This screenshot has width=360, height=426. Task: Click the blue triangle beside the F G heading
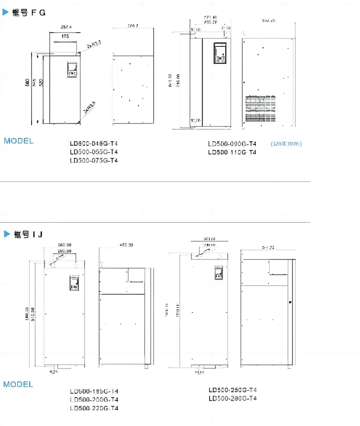pos(6,12)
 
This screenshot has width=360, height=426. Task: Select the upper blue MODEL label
pos(19,141)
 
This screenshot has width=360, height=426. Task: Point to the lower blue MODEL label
pos(18,384)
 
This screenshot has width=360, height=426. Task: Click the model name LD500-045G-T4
pos(94,144)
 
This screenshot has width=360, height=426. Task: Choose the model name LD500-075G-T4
pos(94,160)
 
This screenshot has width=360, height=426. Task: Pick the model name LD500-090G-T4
pos(232,144)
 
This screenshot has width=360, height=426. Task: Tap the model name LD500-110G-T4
pos(232,153)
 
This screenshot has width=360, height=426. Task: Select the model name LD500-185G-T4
pos(94,391)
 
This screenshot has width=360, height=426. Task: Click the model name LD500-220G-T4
pos(94,408)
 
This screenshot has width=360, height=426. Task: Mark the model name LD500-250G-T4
pos(233,390)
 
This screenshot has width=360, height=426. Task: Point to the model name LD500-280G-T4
pos(233,398)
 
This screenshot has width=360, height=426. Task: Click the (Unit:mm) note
pos(286,144)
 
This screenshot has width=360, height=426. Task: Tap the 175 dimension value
pos(65,36)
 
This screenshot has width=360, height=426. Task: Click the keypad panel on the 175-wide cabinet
pos(71,70)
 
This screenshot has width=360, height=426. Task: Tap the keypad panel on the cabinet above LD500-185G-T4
pos(74,283)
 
